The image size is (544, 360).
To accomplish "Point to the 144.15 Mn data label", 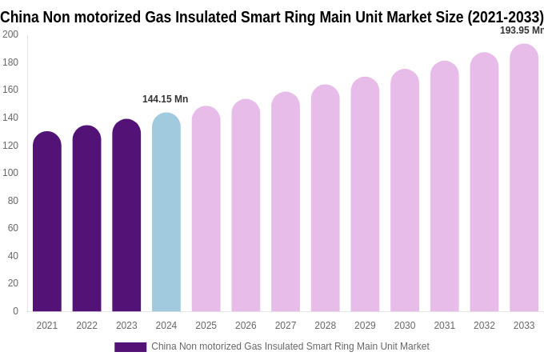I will coord(165,99).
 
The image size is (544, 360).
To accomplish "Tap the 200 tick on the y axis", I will coord(10,34).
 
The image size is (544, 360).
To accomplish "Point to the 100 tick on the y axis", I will coord(10,173).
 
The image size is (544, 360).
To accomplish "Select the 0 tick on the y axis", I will coord(15,311).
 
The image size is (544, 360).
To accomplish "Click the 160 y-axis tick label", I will coord(10,90).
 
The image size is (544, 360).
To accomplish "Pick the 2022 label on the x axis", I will coord(86,326).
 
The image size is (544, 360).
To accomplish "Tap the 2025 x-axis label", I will coord(206,326).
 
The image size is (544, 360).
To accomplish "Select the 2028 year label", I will coord(325,326).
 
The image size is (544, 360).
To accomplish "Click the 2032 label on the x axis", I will coord(484,326).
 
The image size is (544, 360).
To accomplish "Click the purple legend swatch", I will coord(130,347).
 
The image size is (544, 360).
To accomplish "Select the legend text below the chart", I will coord(290,346).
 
